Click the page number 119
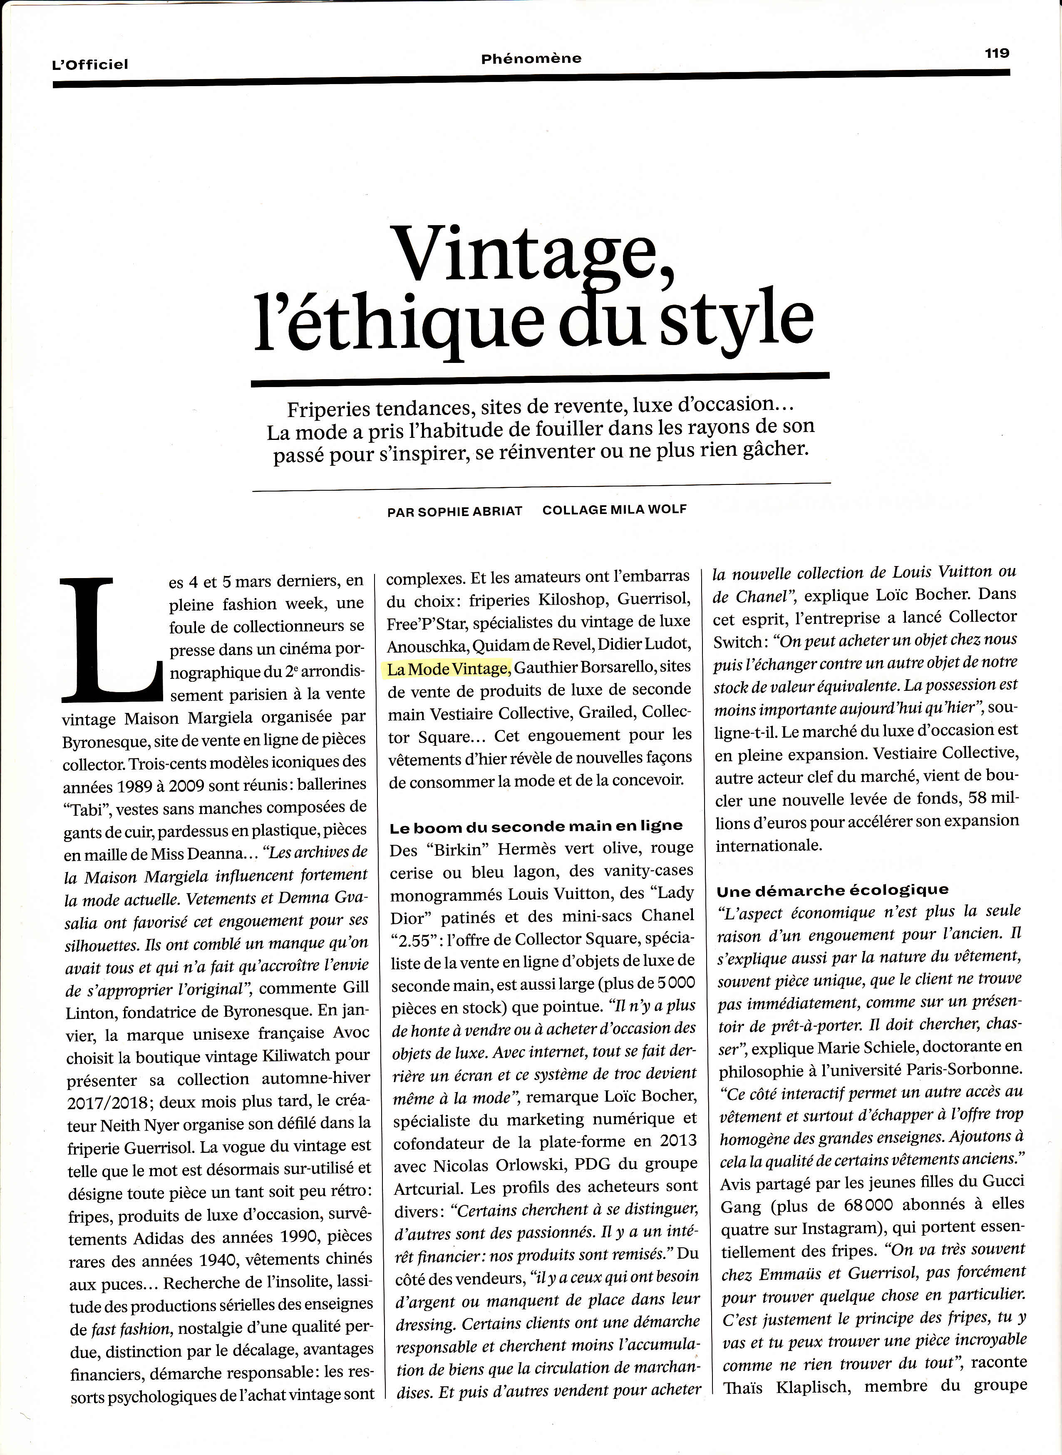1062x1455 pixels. coord(997,53)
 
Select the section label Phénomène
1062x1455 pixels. coord(531,59)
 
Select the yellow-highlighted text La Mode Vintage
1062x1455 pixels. coord(448,669)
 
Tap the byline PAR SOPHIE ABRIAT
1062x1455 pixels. coord(454,512)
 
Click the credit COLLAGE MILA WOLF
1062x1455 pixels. coord(615,510)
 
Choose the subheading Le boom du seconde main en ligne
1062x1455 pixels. coord(536,826)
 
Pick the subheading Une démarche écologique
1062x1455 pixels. coord(833,891)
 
